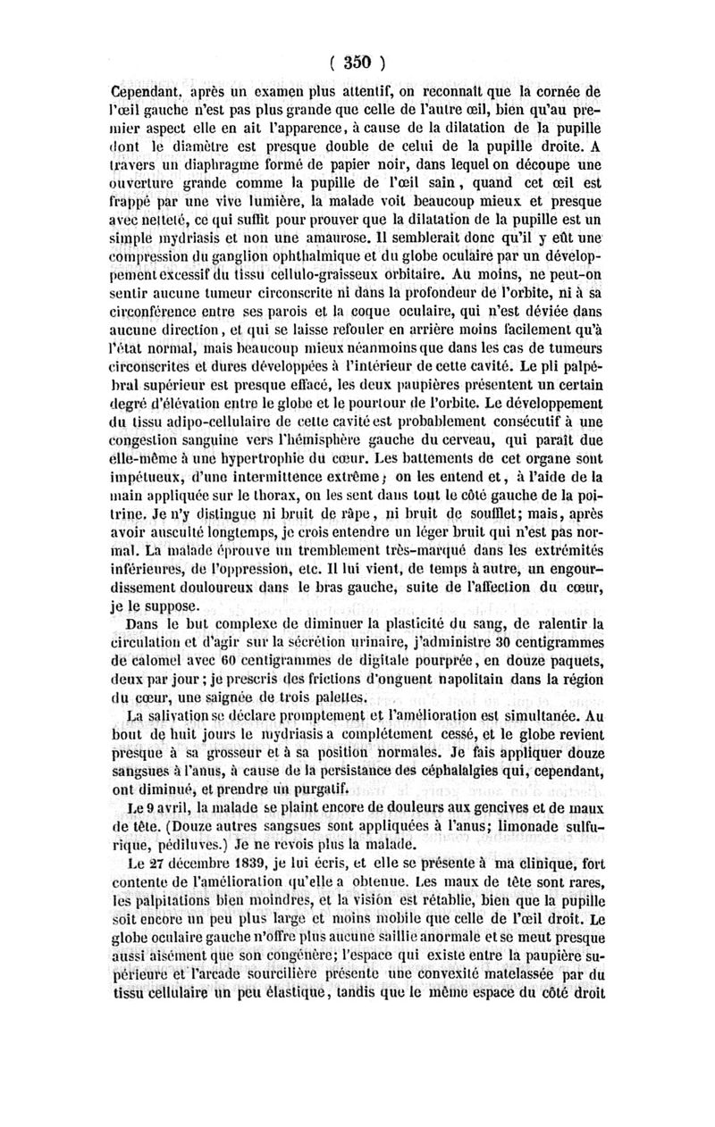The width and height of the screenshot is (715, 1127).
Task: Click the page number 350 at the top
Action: [x=357, y=63]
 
